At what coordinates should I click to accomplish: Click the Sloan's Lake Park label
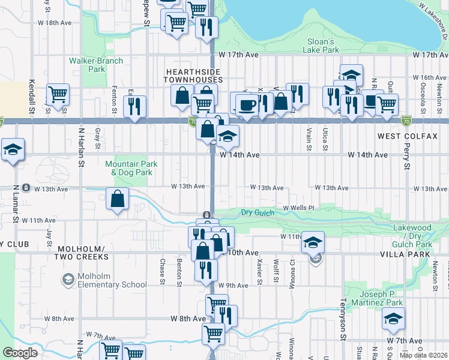(320, 46)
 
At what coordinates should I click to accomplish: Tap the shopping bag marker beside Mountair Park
(118, 199)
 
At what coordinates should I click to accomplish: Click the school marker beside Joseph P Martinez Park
(393, 319)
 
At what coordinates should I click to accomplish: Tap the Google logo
(20, 353)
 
